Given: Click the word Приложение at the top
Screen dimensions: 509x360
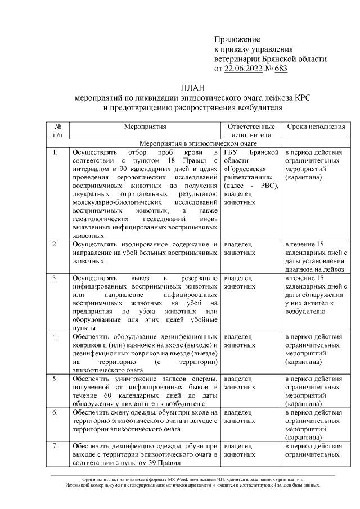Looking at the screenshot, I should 237,39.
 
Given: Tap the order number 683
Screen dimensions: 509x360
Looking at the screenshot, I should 280,69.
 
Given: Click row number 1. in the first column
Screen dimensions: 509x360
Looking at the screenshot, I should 55,152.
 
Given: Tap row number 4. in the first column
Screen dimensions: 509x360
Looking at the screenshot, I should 55,337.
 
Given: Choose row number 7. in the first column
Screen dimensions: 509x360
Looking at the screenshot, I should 55,446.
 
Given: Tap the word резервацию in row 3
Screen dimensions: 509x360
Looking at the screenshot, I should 200,278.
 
